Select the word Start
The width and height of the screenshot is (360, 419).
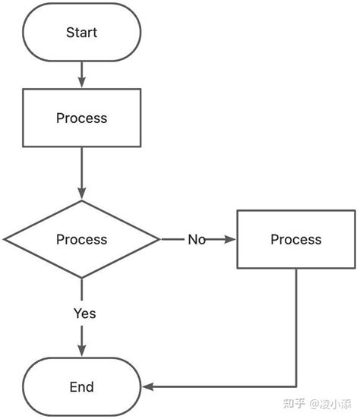point(81,33)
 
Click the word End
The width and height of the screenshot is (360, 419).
point(81,387)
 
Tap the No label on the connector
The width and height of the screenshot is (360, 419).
point(197,240)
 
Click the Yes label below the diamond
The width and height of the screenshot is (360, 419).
point(84,313)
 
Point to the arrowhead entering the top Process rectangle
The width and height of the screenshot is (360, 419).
point(81,83)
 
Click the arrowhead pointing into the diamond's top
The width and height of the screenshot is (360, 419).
point(81,195)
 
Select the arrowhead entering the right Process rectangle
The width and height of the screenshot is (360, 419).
point(231,240)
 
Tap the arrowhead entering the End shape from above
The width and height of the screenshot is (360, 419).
point(81,351)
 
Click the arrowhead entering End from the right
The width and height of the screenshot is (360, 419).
point(148,387)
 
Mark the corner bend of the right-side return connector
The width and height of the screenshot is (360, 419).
point(295,387)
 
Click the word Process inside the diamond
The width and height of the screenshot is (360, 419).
point(81,239)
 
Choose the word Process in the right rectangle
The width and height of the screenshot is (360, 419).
point(295,239)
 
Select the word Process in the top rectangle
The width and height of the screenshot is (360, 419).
point(81,118)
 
